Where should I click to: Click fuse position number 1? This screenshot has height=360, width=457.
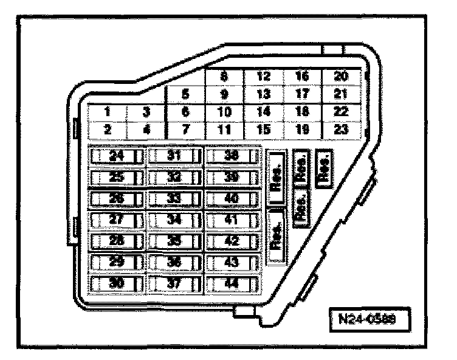106,112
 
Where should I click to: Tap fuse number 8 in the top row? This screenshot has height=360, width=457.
224,77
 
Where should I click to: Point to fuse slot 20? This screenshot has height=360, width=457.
342,77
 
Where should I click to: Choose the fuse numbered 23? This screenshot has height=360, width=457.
342,129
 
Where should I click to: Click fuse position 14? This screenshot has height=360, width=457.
263,112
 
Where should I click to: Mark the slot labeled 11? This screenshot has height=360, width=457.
224,129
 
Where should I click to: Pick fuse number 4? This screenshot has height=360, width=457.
146,129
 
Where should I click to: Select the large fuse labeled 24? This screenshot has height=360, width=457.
116,156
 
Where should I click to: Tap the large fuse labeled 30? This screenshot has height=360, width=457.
116,283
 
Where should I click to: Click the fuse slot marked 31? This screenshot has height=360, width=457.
174,156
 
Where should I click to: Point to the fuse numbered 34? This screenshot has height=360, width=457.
174,220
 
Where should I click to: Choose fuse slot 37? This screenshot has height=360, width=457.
174,283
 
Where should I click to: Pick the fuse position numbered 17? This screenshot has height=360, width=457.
302,94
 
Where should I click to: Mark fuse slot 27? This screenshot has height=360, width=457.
116,220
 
